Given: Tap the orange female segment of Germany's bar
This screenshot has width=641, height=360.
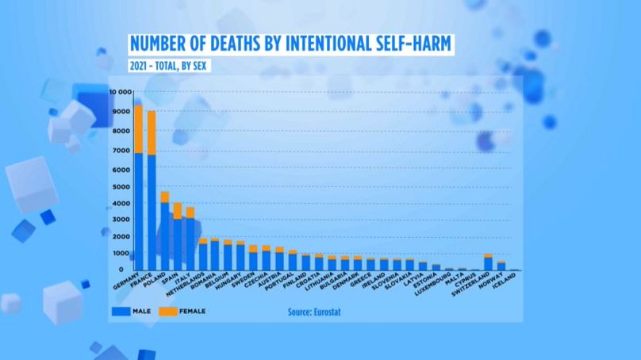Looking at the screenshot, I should (138, 128).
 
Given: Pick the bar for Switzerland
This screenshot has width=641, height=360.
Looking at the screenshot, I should (488, 263).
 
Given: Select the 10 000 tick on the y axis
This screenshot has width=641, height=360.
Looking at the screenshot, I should (120, 92).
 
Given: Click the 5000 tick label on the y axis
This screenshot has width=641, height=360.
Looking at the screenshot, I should (122, 186).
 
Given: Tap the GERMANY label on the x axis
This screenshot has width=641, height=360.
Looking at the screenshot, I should (126, 285).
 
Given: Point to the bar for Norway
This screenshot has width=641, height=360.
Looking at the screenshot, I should (501, 266).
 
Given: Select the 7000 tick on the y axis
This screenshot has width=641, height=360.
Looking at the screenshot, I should (122, 151).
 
